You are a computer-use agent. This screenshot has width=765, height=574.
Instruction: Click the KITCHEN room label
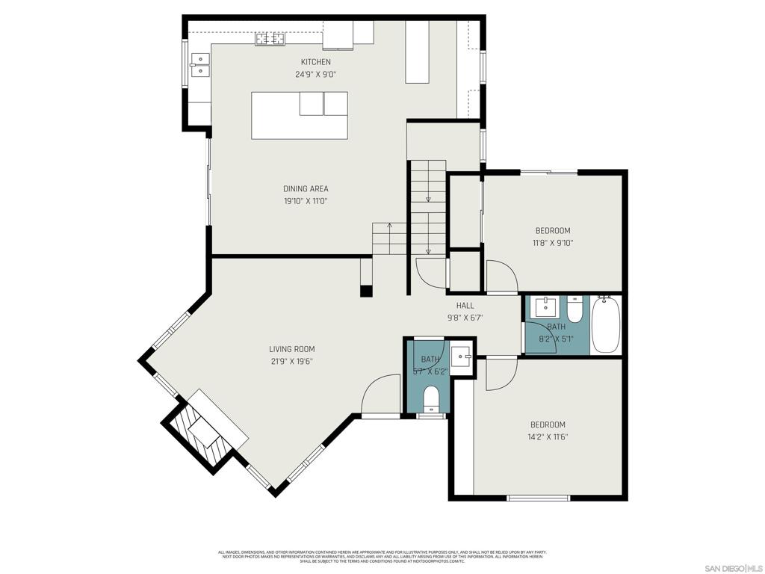pyautogui.click(x=315, y=62)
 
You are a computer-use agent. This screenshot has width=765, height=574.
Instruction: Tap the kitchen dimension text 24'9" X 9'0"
pyautogui.click(x=315, y=74)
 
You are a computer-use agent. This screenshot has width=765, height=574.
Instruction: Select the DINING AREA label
pyautogui.click(x=306, y=189)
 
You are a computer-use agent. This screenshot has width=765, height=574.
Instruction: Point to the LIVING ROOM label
pyautogui.click(x=291, y=349)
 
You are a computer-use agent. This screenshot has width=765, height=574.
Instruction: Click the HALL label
pyautogui.click(x=465, y=305)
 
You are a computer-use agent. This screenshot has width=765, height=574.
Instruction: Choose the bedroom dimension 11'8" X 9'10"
pyautogui.click(x=552, y=243)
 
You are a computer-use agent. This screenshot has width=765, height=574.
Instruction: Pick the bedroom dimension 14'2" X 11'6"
pyautogui.click(x=548, y=437)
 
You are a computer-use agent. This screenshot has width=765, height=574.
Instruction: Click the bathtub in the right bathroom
pyautogui.click(x=606, y=325)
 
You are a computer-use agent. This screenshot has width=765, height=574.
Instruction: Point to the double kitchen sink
pyautogui.click(x=199, y=66)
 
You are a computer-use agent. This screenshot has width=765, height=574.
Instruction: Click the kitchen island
pyautogui.click(x=299, y=115)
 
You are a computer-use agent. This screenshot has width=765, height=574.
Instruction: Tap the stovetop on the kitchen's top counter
pyautogui.click(x=270, y=39)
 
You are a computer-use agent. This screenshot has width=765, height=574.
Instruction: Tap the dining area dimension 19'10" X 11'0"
pyautogui.click(x=306, y=201)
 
